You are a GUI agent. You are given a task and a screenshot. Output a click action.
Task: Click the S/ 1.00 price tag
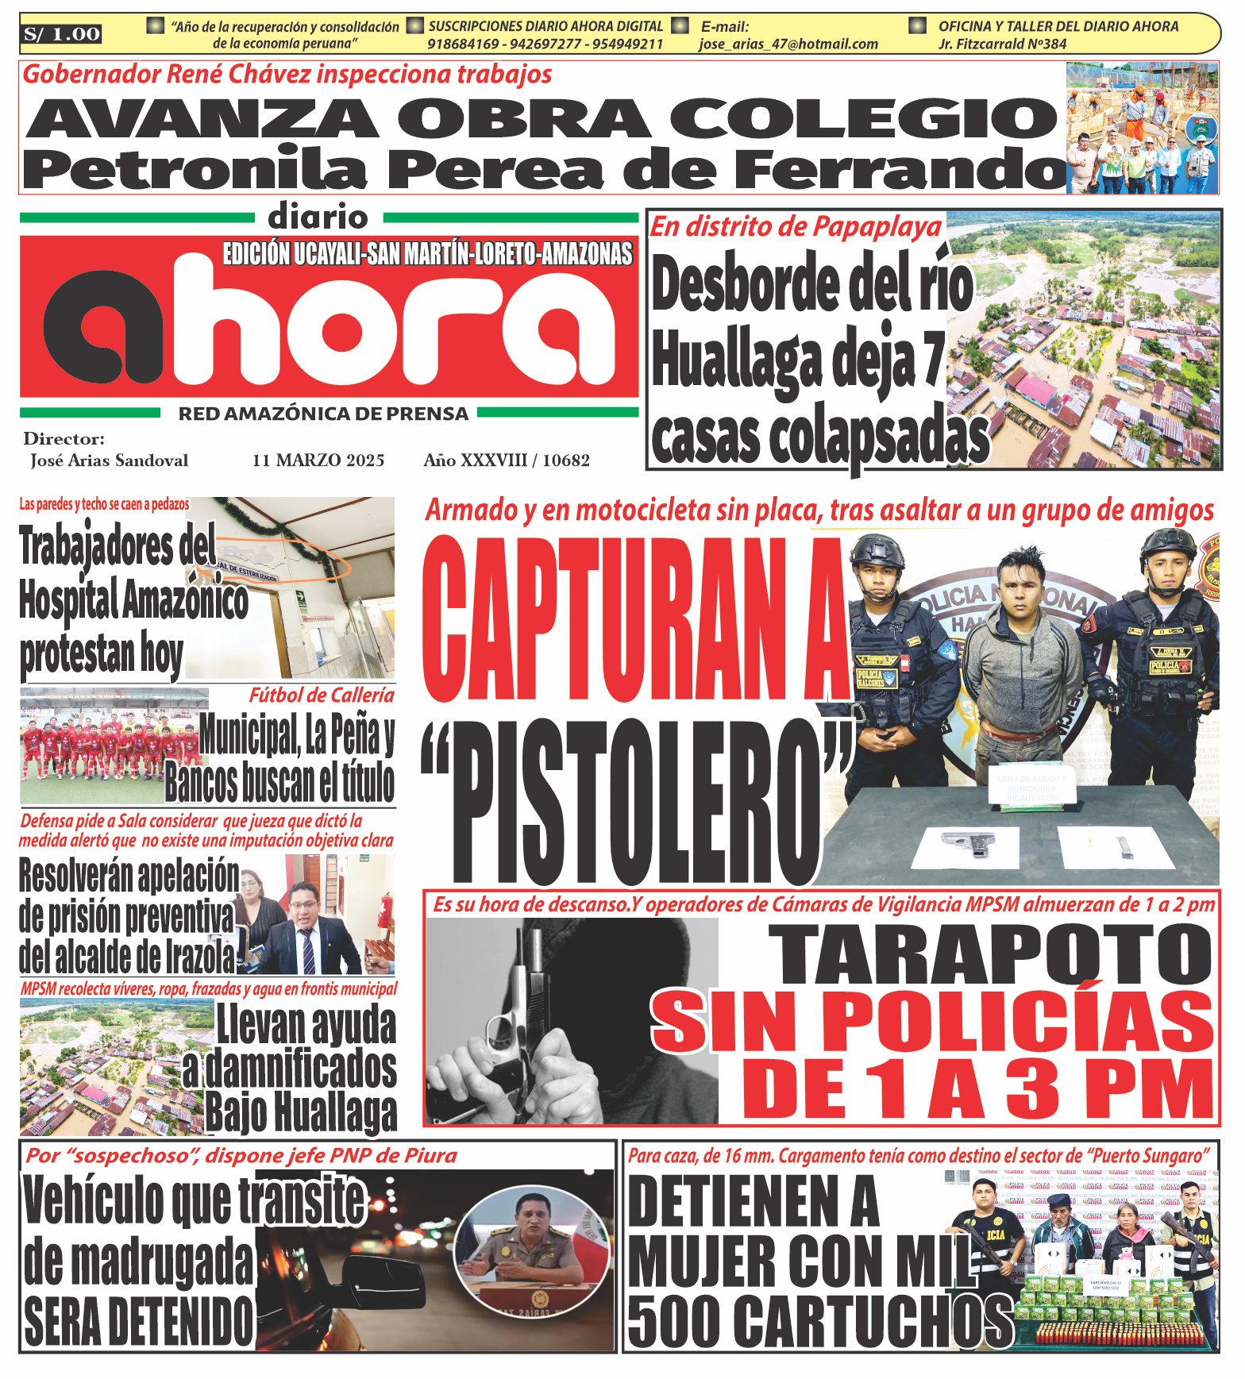coord(61,34)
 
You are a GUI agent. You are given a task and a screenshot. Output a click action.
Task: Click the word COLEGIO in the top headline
coord(863,119)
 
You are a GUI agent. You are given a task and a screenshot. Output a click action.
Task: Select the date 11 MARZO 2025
coord(318,460)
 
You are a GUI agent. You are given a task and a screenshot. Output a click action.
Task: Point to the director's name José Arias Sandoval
coord(109,460)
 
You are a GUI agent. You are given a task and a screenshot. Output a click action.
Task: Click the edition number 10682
coord(566,460)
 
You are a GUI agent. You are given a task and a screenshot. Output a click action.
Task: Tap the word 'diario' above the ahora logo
coord(318,217)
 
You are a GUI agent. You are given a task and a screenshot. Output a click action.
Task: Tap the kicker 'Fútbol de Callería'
coord(322,695)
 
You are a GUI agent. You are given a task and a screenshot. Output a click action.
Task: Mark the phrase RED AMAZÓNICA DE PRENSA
coord(323,414)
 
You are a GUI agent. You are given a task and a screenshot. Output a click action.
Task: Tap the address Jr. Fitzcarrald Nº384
coord(1002,44)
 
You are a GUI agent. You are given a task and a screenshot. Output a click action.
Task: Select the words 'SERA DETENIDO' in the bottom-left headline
coord(139,1322)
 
